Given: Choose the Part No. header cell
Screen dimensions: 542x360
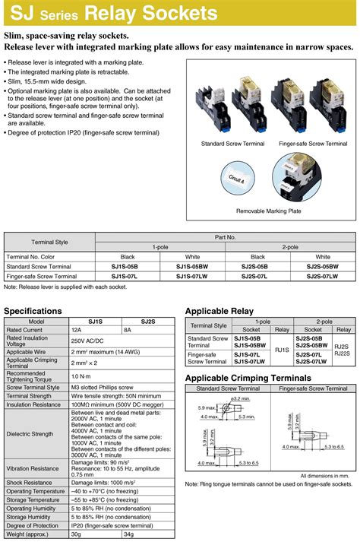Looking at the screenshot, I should tap(226, 238).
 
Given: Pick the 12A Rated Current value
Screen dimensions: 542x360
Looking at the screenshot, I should tap(77, 330).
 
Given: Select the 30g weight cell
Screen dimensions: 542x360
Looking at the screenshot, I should tap(77, 534).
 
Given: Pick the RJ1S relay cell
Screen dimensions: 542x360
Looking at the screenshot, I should tap(282, 350).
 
